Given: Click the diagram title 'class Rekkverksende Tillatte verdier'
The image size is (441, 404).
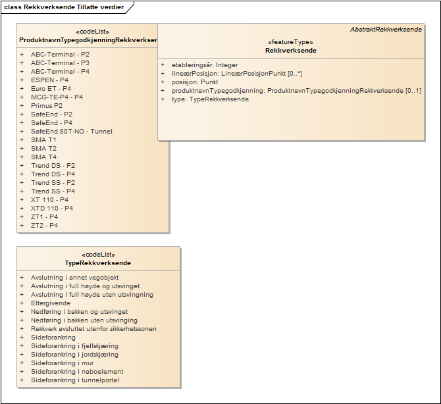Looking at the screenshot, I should point(63,7).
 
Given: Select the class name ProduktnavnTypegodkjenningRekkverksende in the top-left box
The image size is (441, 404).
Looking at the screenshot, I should point(88,40).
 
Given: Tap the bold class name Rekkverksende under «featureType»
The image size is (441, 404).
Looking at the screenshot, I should point(290,51).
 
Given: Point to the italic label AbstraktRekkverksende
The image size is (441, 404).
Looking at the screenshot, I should point(386,30).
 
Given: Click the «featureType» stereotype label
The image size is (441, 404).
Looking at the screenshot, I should point(290,41).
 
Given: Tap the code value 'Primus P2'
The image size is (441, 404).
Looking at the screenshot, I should point(47,105).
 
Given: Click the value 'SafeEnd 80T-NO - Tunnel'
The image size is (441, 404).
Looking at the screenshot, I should point(71,131).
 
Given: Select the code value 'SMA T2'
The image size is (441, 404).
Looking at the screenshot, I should point(43,148).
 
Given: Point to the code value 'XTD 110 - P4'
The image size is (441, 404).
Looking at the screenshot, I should point(52,208).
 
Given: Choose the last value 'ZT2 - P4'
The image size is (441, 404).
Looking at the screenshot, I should point(44,225).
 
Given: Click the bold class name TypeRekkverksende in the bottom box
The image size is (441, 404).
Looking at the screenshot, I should point(98,263).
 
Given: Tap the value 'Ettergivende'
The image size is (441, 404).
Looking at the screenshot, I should point(51,303).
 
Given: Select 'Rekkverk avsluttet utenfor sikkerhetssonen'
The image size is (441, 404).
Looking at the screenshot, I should point(93,329).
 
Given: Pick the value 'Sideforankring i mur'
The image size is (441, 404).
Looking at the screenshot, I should point(63,363).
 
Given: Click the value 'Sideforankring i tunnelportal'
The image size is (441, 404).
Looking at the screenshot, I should point(76,380).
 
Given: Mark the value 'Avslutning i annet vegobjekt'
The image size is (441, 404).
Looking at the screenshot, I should point(74,278).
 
